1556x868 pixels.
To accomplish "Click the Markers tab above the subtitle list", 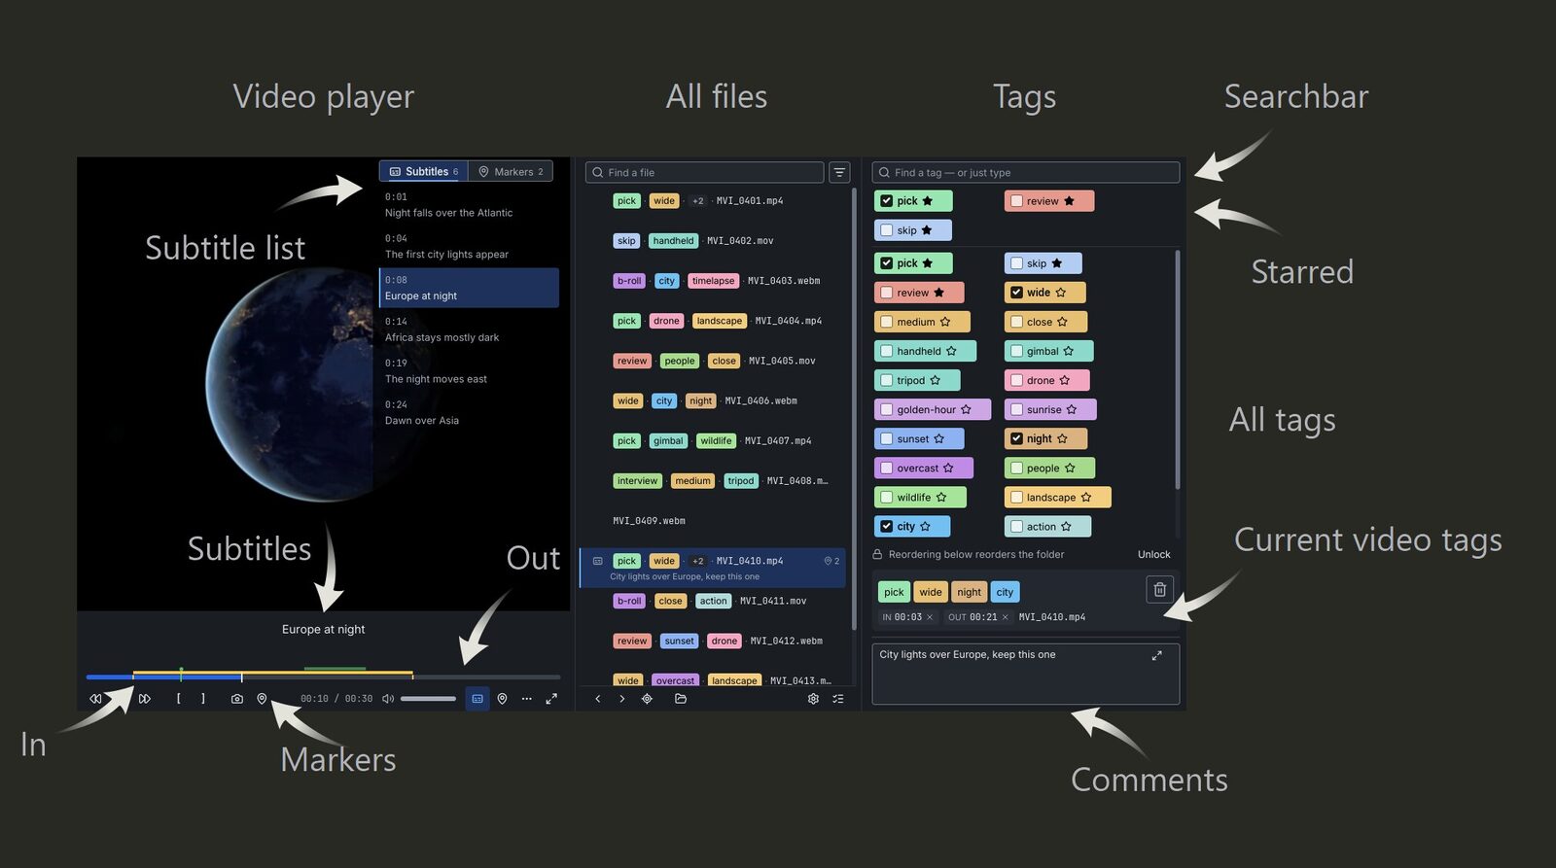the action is [511, 171].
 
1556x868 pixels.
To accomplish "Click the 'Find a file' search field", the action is [704, 172].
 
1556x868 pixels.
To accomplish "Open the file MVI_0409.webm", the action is [649, 521].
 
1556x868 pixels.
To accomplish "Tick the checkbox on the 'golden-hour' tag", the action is [886, 409].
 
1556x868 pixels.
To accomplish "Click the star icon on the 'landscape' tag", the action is [1085, 498].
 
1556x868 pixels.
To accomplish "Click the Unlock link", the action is [1153, 554].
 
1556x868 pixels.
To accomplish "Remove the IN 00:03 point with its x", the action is [930, 617].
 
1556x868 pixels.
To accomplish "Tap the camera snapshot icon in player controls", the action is [237, 699].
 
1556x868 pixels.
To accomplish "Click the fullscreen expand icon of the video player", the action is [551, 699].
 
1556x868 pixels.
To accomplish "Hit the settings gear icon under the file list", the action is [813, 699].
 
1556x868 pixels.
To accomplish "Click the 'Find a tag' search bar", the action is [1025, 172].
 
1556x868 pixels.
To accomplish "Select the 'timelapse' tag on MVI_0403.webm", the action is [713, 281].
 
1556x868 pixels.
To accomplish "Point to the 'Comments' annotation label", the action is [1149, 780].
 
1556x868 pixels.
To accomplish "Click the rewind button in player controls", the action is [96, 699].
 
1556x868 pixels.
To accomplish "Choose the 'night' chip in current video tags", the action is [969, 592].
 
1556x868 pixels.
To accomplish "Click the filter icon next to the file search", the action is [839, 172].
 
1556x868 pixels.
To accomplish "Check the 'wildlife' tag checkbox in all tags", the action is [886, 498].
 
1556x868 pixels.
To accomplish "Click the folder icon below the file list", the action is [680, 699].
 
